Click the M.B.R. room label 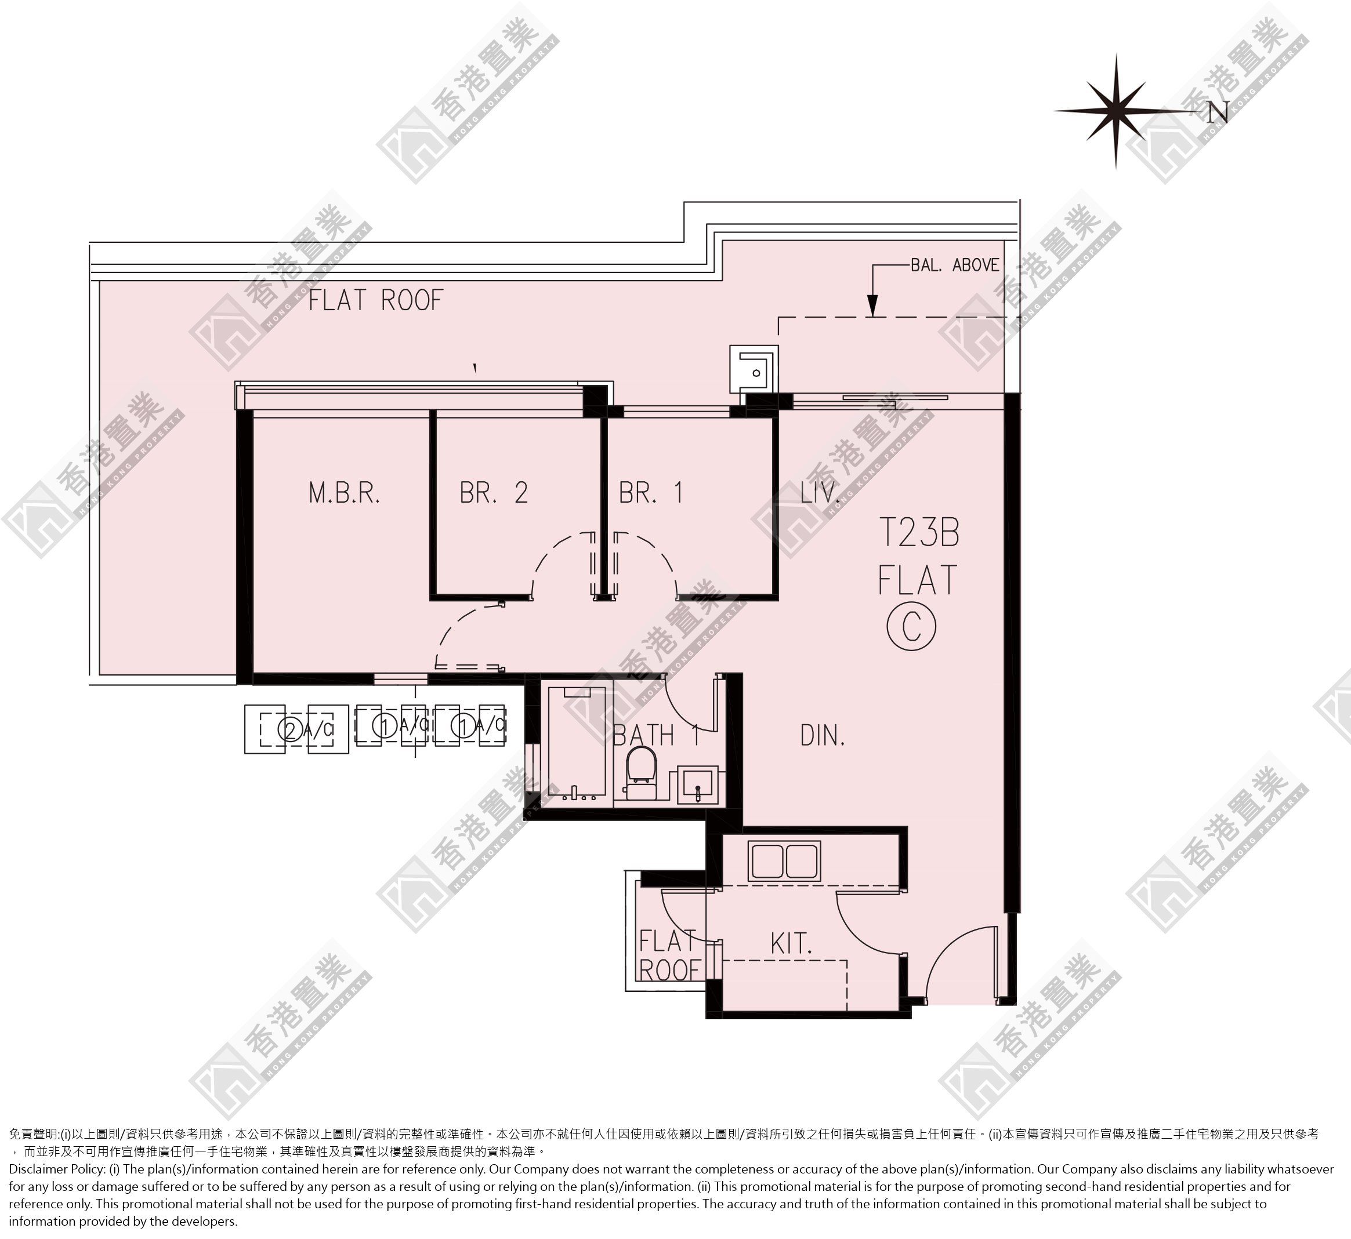344,493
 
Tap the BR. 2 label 494,493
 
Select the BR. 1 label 650,493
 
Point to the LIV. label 819,493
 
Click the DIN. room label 823,736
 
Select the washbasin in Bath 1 697,784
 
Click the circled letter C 911,627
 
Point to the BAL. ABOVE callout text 955,266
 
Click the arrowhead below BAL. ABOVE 872,306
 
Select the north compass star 1116,111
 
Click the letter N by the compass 1218,112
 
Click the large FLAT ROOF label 376,300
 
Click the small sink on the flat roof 755,369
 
